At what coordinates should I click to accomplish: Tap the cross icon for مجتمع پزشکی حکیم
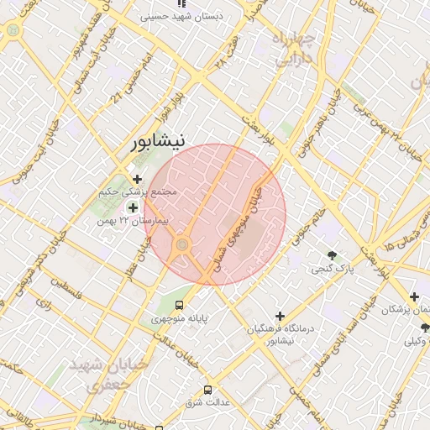tap(137, 178)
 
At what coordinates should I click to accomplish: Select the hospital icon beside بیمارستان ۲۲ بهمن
tap(133, 207)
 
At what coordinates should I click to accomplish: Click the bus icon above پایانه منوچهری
tap(178, 305)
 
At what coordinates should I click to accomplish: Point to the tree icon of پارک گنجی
tap(333, 255)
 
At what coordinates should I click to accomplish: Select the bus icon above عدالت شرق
tap(207, 390)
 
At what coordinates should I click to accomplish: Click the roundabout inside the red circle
tap(182, 245)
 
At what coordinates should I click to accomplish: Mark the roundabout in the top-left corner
tap(12, 30)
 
